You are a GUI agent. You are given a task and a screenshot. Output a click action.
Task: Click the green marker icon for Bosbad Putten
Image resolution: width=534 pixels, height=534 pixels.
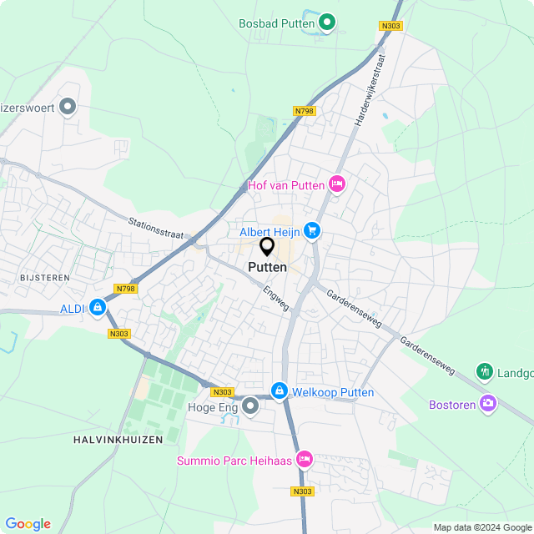tap(328, 23)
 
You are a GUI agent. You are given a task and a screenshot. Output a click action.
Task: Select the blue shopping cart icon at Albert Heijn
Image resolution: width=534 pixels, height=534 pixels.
tap(312, 230)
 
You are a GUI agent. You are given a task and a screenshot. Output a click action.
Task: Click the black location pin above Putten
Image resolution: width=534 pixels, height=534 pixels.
tap(267, 247)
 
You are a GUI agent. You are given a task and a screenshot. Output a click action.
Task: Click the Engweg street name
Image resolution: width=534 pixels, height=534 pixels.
tap(275, 298)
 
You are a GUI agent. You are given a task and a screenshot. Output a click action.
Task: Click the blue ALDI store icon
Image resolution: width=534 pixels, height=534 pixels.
tap(98, 309)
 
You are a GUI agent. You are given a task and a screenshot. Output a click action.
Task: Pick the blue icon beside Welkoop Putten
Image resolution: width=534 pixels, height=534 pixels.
tap(279, 391)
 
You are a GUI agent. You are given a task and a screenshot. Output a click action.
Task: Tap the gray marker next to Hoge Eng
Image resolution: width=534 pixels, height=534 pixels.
tap(250, 406)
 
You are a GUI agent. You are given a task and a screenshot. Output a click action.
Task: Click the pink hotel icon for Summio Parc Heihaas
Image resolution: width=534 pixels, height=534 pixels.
tap(305, 460)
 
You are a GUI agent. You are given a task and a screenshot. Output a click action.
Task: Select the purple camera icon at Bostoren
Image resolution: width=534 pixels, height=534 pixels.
tap(487, 405)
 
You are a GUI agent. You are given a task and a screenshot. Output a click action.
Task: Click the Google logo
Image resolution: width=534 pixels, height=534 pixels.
tap(28, 523)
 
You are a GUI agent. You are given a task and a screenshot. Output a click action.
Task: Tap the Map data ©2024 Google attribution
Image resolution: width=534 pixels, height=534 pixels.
tap(481, 527)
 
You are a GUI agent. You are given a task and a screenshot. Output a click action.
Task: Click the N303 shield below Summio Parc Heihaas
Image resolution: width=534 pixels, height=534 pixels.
tap(302, 491)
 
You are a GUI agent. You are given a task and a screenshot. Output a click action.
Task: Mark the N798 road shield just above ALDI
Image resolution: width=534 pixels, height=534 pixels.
tap(125, 289)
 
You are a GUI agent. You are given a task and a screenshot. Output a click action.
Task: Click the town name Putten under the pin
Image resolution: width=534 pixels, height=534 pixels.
tap(267, 267)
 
